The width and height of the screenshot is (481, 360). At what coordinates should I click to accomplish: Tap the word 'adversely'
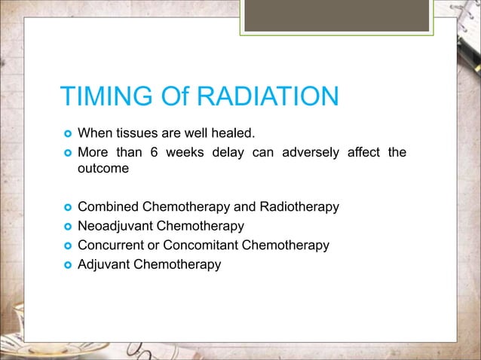click(310, 154)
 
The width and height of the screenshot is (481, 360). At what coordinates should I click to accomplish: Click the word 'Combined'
click(106, 207)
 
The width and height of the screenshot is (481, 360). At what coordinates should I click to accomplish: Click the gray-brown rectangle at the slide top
click(336, 15)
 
